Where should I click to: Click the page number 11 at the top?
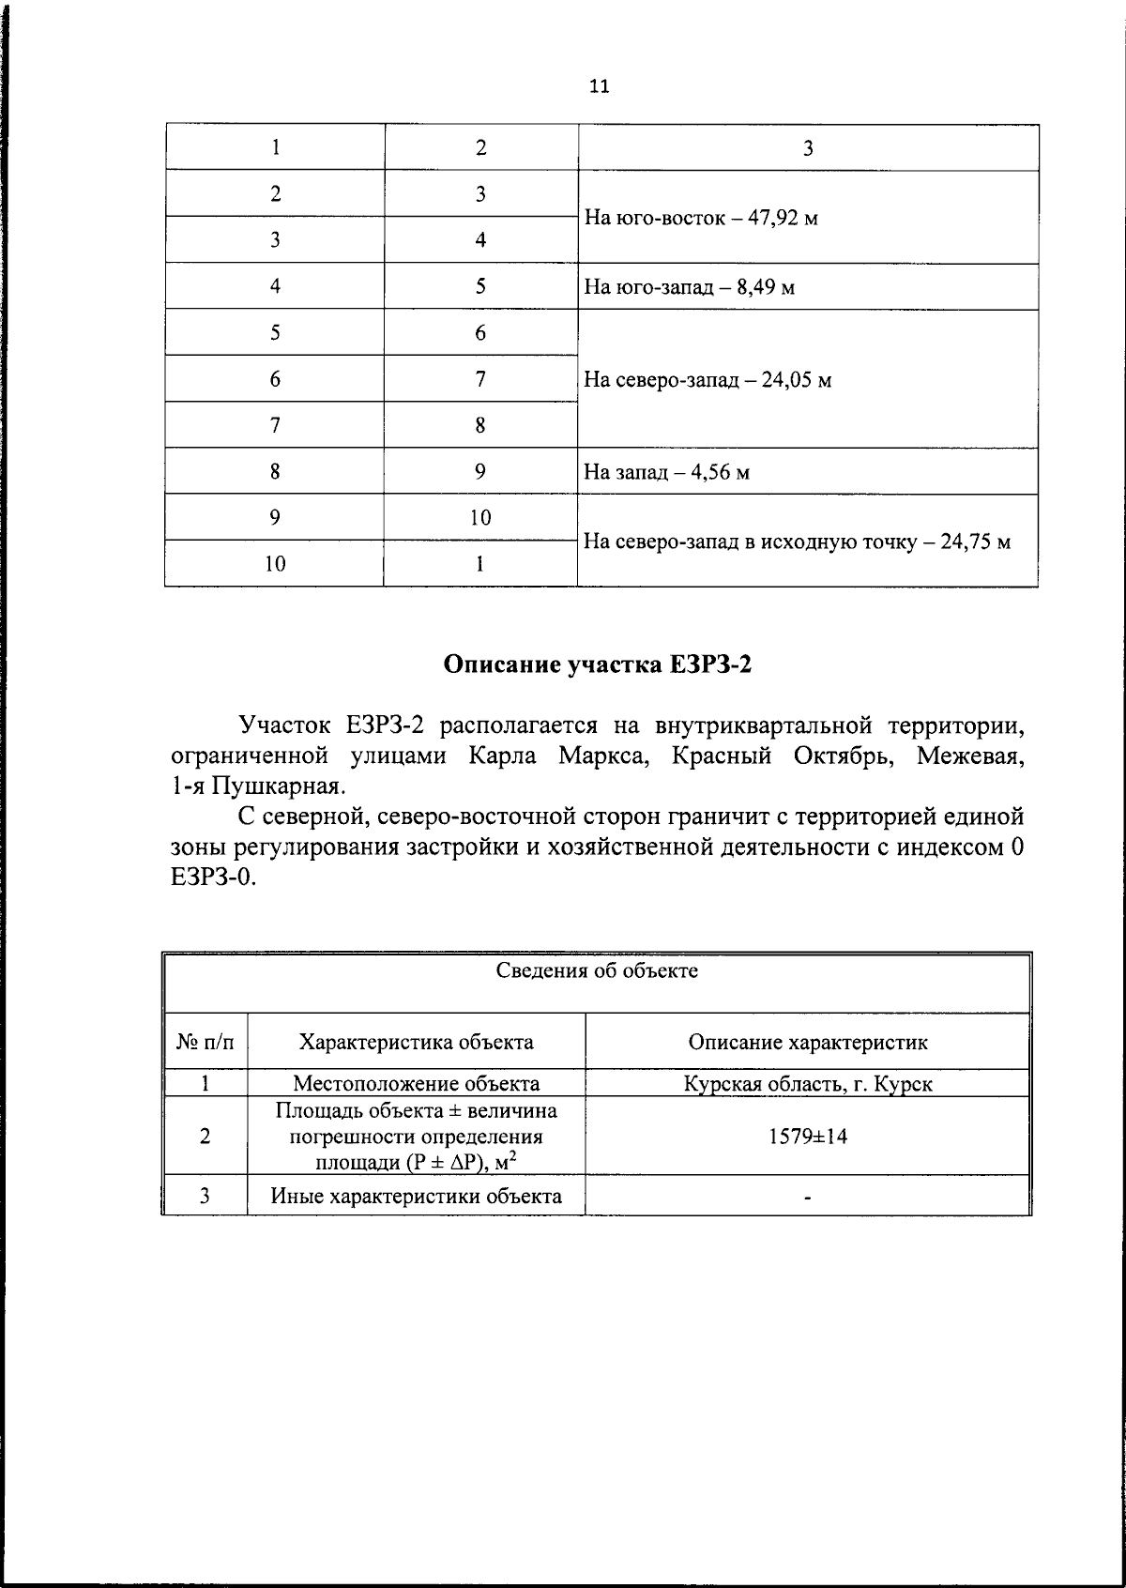(x=600, y=86)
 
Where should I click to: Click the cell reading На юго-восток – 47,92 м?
(x=701, y=219)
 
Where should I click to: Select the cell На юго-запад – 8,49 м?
(x=689, y=287)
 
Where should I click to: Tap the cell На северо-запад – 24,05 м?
(x=708, y=380)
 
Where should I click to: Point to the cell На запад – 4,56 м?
(x=666, y=472)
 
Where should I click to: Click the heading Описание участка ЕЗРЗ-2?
(x=599, y=665)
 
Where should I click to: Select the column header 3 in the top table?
(x=807, y=148)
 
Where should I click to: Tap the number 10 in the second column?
(x=480, y=518)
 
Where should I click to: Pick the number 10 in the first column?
(x=275, y=564)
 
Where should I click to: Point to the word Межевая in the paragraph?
(x=970, y=756)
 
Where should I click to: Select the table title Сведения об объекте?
(x=597, y=970)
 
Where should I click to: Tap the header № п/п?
(x=205, y=1042)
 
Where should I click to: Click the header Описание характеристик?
(x=807, y=1042)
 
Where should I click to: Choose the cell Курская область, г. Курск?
(x=807, y=1084)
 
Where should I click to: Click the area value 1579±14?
(x=807, y=1137)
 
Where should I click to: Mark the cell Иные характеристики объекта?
(x=416, y=1196)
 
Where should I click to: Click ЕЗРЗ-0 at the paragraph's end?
(x=213, y=878)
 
